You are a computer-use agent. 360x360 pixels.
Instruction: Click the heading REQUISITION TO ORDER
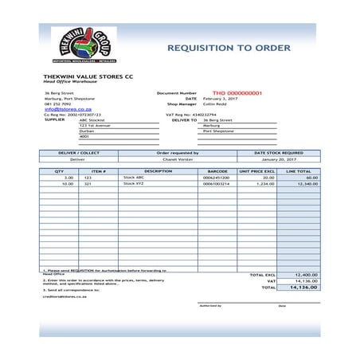click(x=229, y=48)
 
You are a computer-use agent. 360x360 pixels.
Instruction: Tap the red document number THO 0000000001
click(x=237, y=93)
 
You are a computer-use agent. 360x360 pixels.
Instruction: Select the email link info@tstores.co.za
click(x=68, y=109)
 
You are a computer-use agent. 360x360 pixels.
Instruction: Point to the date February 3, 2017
click(x=220, y=99)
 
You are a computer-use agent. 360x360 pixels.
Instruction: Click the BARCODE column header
click(x=217, y=170)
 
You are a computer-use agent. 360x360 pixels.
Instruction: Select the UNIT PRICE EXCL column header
click(x=256, y=170)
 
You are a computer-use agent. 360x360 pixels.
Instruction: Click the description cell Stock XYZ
click(x=134, y=184)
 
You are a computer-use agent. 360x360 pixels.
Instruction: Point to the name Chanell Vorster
click(x=178, y=159)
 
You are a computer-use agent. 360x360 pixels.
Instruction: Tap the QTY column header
click(x=59, y=170)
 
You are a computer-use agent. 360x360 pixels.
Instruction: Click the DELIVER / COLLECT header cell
click(x=78, y=152)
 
